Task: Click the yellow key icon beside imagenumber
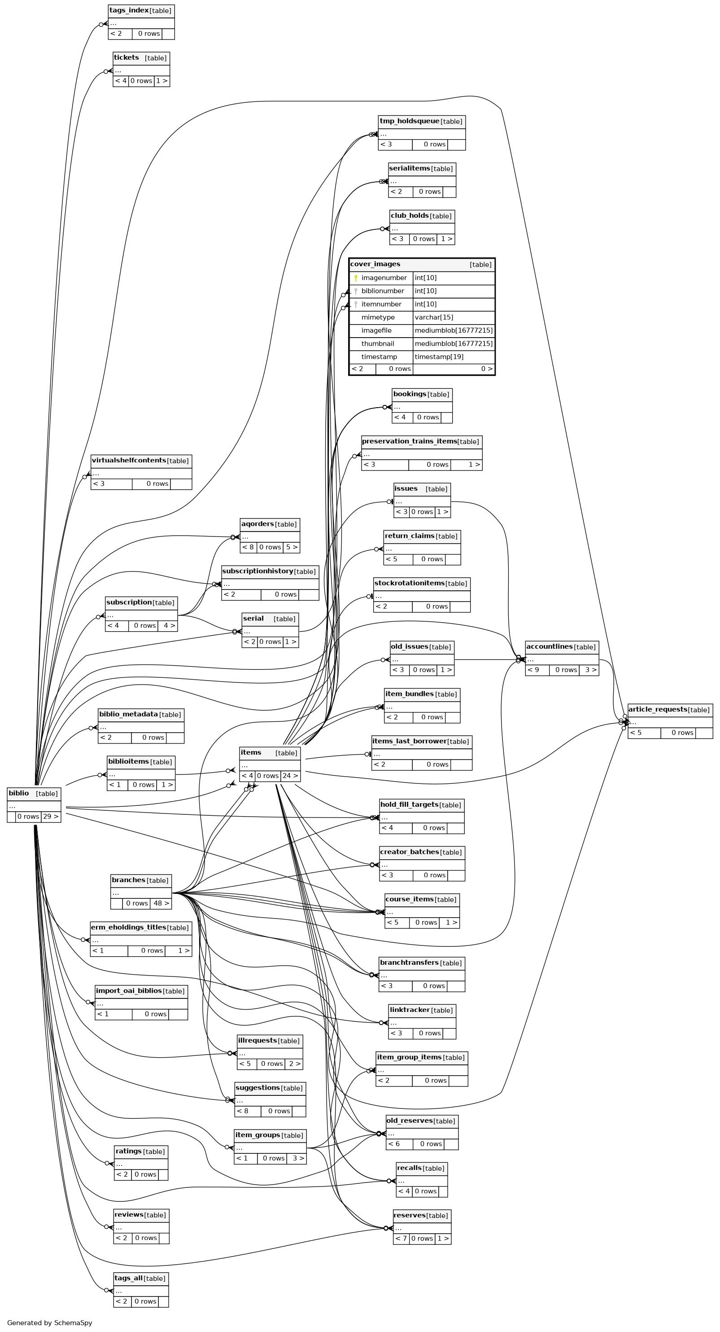pos(356,278)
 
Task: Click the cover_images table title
pos(375,264)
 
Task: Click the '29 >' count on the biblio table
pos(51,817)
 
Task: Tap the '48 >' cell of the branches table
pos(160,903)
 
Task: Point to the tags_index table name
pos(129,10)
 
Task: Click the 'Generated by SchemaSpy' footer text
pos(50,1323)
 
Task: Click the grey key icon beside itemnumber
pos(356,304)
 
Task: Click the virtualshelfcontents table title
pos(129,460)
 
